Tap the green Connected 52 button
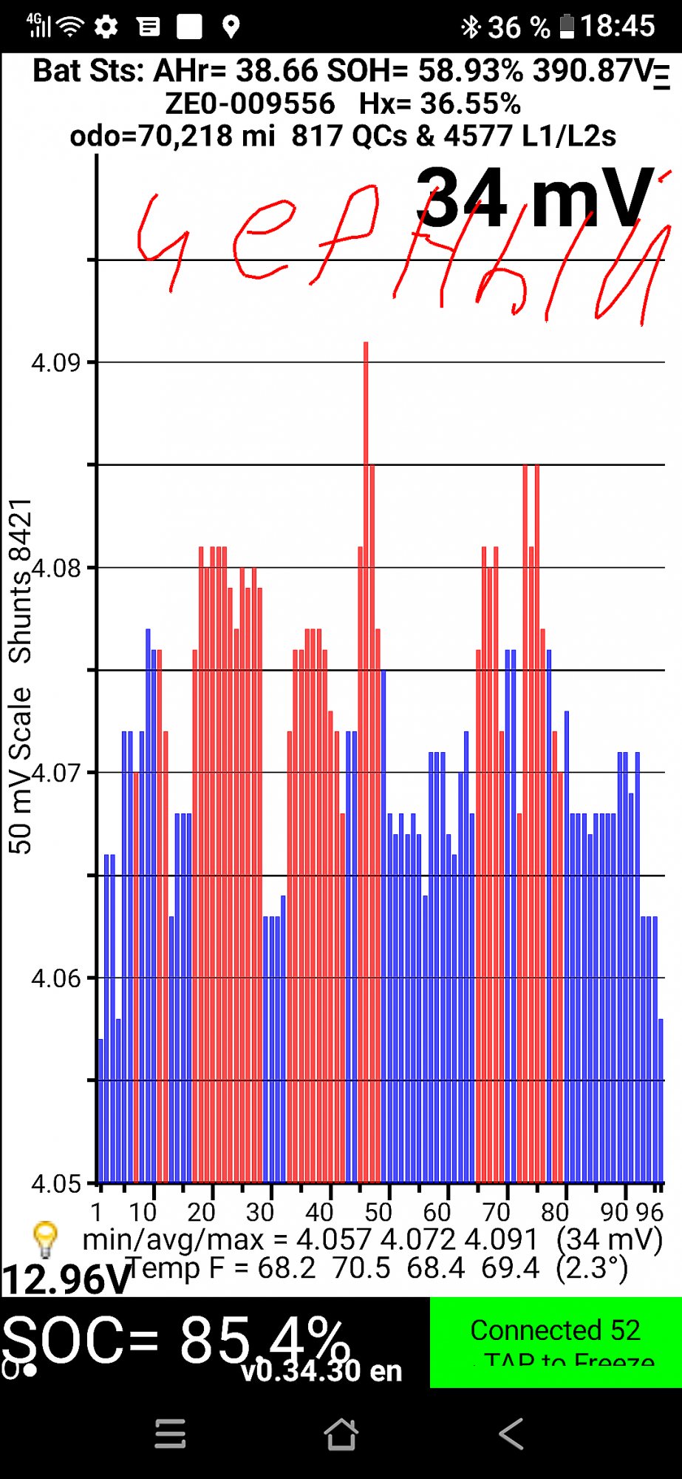(555, 1341)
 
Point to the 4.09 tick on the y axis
(55, 362)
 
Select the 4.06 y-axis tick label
(55, 978)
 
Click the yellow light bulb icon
(45, 1239)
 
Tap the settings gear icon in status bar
(106, 27)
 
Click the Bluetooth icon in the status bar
(470, 27)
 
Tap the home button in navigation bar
(341, 1434)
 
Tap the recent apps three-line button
(170, 1434)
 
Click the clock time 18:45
(617, 27)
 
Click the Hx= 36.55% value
(440, 104)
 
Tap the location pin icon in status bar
(231, 27)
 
